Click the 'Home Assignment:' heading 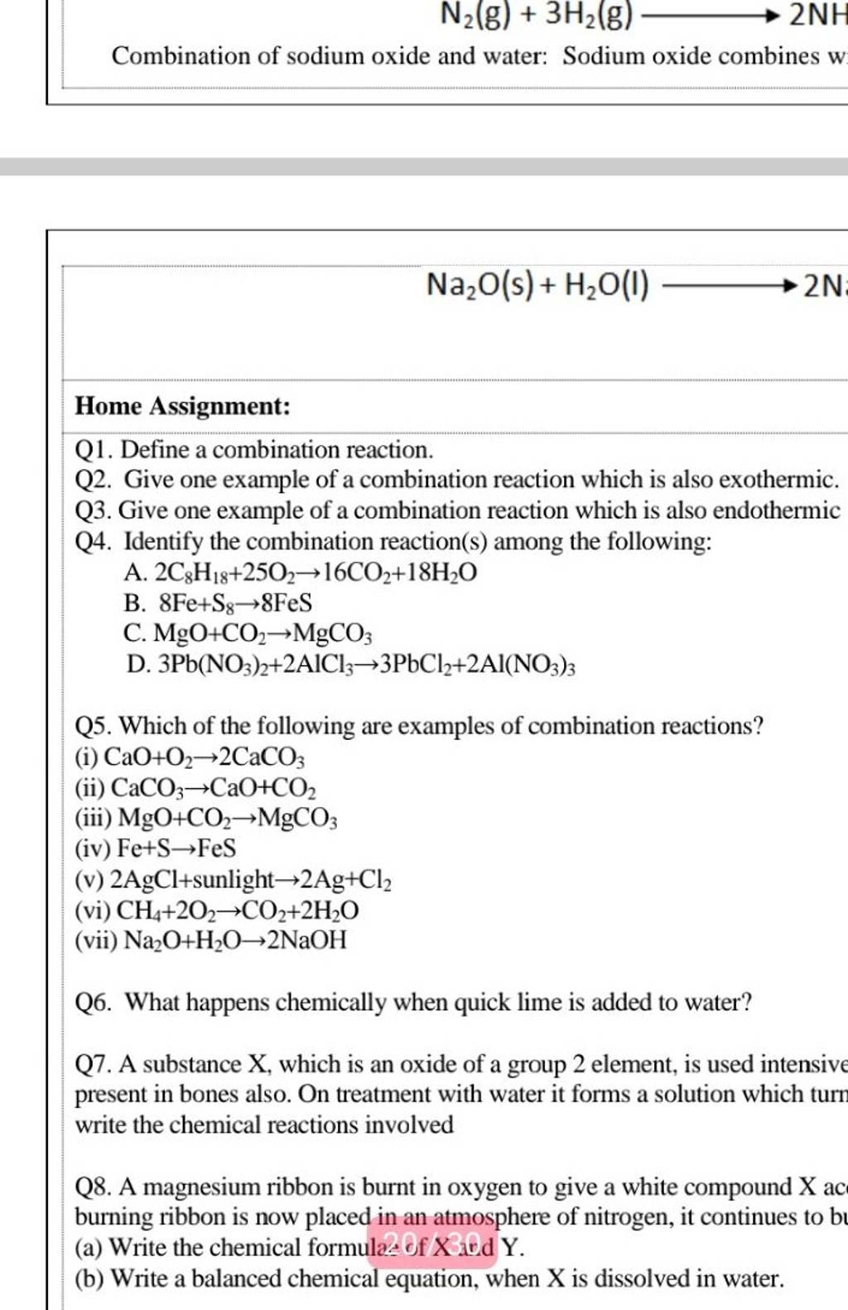click(183, 406)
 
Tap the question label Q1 click(94, 450)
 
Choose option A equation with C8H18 click(316, 573)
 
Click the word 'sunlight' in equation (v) click(234, 879)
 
